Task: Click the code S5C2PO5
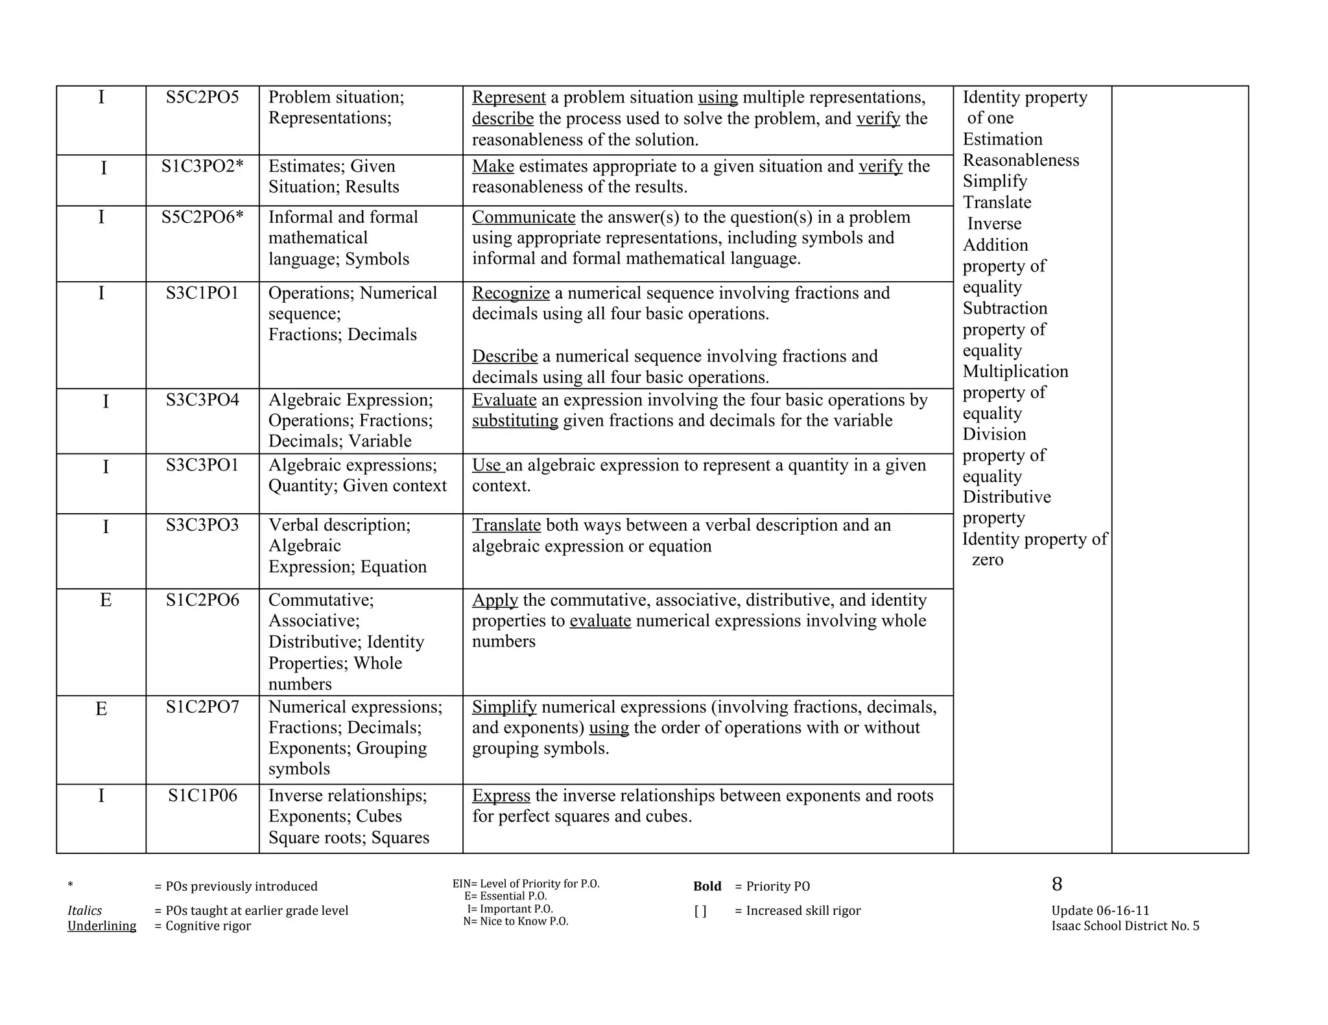pyautogui.click(x=202, y=97)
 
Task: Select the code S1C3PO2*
pyautogui.click(x=202, y=167)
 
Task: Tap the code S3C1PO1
pyautogui.click(x=202, y=293)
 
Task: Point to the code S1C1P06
pyautogui.click(x=202, y=795)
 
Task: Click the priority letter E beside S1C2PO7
pyautogui.click(x=101, y=709)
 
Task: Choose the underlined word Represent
pyautogui.click(x=508, y=97)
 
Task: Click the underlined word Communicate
pyautogui.click(x=523, y=217)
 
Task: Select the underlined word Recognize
pyautogui.click(x=510, y=293)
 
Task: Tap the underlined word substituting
pyautogui.click(x=515, y=420)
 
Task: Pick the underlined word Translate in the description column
pyautogui.click(x=506, y=525)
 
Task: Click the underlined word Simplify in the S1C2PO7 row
pyautogui.click(x=504, y=707)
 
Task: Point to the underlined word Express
pyautogui.click(x=501, y=796)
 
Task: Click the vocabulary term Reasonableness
pyautogui.click(x=1021, y=160)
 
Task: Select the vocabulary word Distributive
pyautogui.click(x=1006, y=497)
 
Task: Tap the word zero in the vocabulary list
pyautogui.click(x=987, y=560)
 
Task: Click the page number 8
pyautogui.click(x=1057, y=884)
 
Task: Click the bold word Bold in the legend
pyautogui.click(x=707, y=886)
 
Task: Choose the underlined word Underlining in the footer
pyautogui.click(x=102, y=926)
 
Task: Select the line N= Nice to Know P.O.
pyautogui.click(x=516, y=921)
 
